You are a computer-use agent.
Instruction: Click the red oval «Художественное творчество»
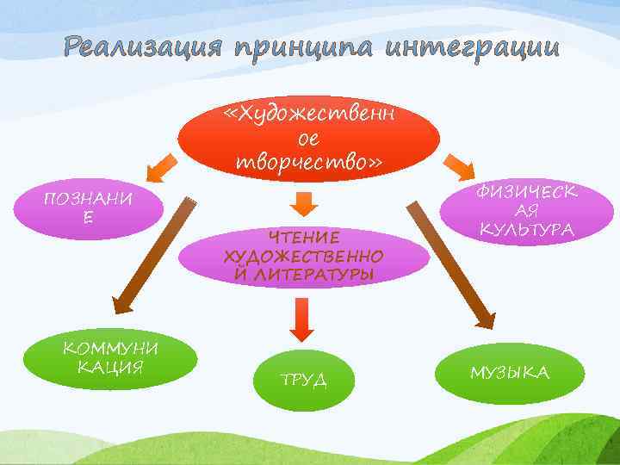307,139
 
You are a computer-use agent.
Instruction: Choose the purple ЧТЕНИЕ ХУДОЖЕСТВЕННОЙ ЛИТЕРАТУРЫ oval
304,255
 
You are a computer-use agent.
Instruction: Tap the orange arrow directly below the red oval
303,201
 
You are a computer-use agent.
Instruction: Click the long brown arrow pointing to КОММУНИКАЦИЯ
150,254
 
